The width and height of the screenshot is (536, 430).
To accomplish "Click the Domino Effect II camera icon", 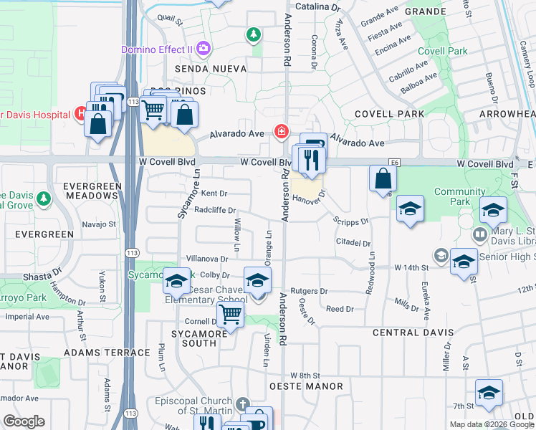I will coord(204,49).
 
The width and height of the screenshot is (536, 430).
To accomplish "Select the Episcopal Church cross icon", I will coord(243,406).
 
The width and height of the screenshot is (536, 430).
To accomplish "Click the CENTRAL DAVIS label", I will coord(413,333).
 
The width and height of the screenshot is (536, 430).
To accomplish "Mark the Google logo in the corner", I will coord(24,421).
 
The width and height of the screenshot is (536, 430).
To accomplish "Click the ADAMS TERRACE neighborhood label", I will coord(100,352).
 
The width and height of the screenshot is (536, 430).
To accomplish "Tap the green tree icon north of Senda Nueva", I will coord(252,34).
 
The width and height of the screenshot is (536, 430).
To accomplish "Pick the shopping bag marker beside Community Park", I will coord(383,178).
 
